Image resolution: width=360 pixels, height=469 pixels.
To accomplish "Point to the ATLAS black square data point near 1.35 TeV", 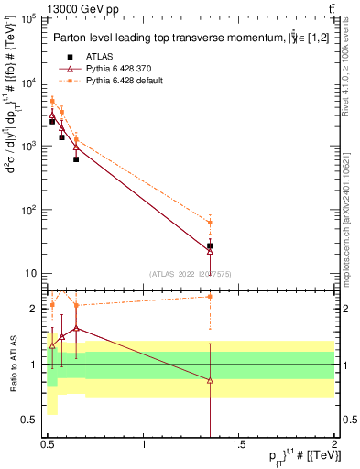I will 210,245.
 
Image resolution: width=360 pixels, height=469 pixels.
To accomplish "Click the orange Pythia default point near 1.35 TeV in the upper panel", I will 210,223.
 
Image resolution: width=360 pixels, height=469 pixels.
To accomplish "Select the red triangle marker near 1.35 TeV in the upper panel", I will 210,251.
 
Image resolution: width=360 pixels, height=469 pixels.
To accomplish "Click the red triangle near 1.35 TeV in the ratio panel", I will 210,380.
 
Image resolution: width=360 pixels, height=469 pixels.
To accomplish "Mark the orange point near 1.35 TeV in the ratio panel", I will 210,296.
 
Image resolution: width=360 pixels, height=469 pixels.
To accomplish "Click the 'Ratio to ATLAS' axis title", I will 13,364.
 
